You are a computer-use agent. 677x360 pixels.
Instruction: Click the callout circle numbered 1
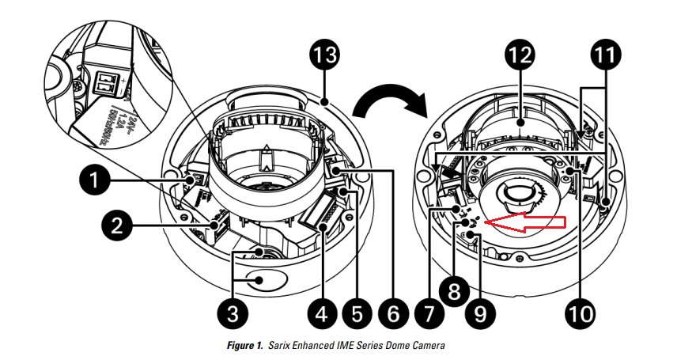click(96, 180)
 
